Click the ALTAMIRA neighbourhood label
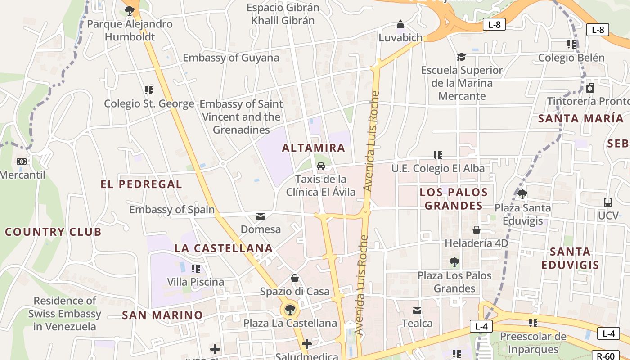pos(314,148)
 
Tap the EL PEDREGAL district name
pos(141,184)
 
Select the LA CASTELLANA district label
pos(224,248)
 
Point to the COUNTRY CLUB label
pos(53,232)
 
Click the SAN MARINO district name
pos(162,315)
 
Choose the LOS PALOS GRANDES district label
pos(454,199)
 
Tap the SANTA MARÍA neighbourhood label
pos(580,119)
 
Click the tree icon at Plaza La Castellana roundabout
pos(290,309)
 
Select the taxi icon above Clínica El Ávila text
pos(321,166)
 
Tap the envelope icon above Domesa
pos(261,216)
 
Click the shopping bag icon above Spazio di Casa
pos(295,278)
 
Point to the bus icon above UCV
pos(607,202)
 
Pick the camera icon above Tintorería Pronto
pos(590,88)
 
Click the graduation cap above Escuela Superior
pos(461,57)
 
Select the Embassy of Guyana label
pos(231,58)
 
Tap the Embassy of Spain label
pos(172,210)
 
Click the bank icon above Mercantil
pos(21,161)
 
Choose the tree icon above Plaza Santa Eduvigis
pos(522,194)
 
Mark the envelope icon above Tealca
pos(417,310)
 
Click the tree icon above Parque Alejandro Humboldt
pos(130,10)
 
